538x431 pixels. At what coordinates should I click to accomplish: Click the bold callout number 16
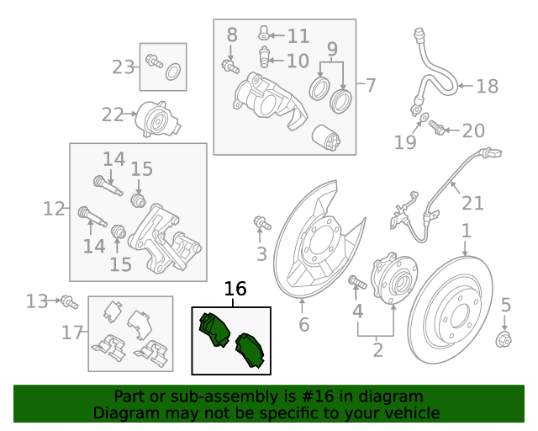point(235,290)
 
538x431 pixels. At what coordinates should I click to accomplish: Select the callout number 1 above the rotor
point(465,230)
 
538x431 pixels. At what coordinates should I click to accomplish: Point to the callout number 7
point(370,85)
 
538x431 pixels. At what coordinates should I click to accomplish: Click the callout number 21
point(472,202)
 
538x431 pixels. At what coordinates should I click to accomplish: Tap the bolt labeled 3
point(262,223)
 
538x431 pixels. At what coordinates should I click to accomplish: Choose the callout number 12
point(53,208)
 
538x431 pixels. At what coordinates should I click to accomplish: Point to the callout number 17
point(72,333)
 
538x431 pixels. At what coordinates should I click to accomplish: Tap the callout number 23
point(124,67)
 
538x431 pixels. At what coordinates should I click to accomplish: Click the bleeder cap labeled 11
point(264,34)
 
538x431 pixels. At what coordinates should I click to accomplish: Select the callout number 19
point(405,142)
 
